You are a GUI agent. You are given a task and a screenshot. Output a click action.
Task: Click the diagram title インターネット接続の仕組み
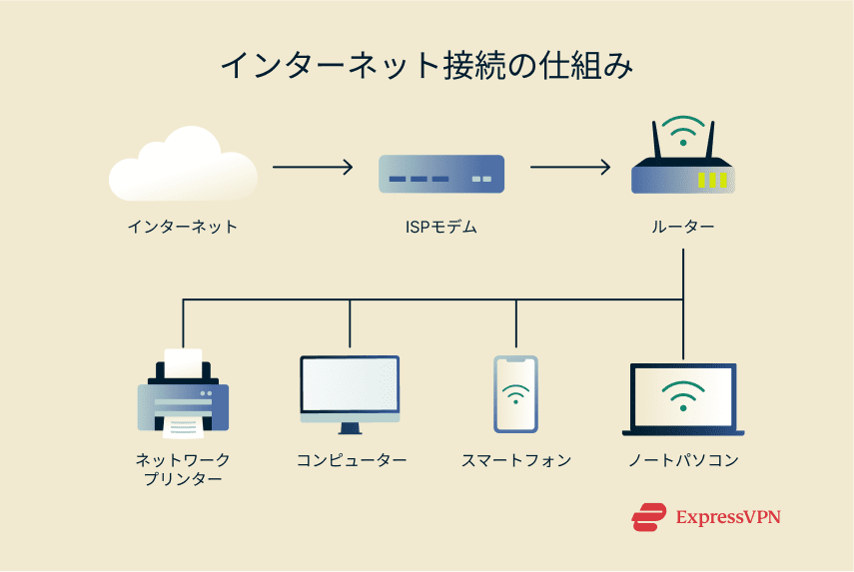427,67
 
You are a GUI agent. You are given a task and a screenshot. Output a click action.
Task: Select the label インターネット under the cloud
183,227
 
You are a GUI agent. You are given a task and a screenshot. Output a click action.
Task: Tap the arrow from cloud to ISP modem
313,167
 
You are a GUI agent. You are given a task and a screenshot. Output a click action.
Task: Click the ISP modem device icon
440,176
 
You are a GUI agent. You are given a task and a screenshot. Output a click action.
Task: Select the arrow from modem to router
570,167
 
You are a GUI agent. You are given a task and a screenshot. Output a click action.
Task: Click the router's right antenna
711,141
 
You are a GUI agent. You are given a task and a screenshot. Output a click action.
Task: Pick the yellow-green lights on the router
712,180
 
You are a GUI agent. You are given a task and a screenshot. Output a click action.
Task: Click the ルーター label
683,227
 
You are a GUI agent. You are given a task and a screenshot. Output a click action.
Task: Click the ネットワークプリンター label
183,469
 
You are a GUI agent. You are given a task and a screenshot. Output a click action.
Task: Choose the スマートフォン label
516,460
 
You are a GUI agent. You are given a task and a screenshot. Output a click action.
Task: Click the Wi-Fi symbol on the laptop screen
683,394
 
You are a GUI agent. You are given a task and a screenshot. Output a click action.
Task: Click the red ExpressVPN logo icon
648,517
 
